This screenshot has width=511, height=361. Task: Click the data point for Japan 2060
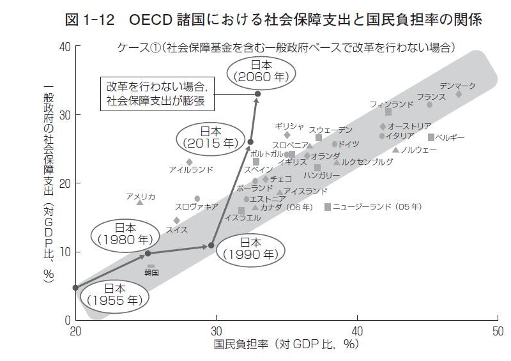click(x=257, y=94)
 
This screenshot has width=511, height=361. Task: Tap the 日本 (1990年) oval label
click(x=250, y=248)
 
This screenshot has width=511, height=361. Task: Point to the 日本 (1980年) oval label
click(x=125, y=234)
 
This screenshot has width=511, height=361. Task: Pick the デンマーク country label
click(x=458, y=86)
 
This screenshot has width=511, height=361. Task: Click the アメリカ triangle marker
click(x=140, y=202)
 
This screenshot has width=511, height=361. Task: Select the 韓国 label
click(x=151, y=272)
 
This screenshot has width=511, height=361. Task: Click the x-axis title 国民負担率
click(x=287, y=344)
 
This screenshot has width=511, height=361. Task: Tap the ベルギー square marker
click(x=431, y=137)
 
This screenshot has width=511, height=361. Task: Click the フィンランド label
click(x=392, y=104)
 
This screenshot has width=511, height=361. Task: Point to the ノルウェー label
click(x=418, y=150)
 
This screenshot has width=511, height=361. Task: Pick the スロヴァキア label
click(x=197, y=206)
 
